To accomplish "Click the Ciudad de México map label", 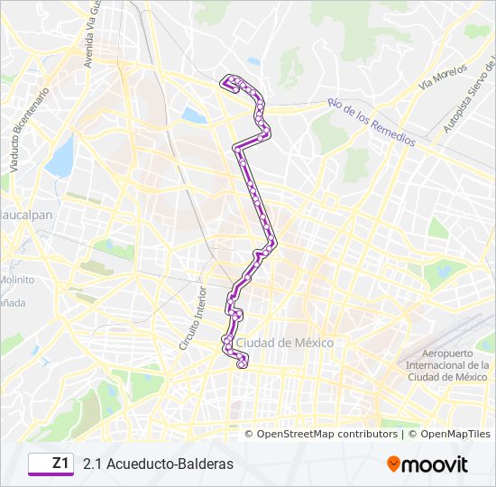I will coord(285,343).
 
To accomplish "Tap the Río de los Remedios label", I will coord(372,123).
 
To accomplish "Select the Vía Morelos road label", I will coord(443,77).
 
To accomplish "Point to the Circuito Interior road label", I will coord(192,317).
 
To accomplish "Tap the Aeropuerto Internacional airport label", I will coord(447,365).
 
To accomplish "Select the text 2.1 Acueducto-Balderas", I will coord(158,464).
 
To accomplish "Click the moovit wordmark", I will coord(436,464).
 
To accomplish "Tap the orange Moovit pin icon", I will coord(394,464).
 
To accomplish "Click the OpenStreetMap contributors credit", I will coord(327,434).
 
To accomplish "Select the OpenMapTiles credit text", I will coord(448,434).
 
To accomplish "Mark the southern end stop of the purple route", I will coord(242,364).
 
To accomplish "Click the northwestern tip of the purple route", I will coord(223,81).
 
